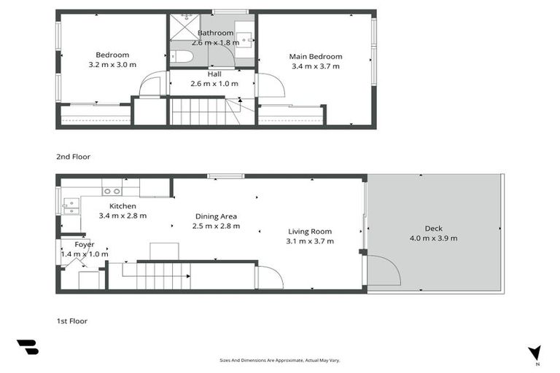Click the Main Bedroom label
[315, 57]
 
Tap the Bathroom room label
[215, 33]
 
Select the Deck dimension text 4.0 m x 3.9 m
[433, 237]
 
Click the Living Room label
[310, 232]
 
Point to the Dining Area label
[216, 216]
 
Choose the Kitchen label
[123, 206]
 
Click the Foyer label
[84, 245]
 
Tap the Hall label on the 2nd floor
[214, 74]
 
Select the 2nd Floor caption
[73, 157]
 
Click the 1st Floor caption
[72, 321]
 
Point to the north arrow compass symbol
[535, 353]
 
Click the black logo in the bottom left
[27, 348]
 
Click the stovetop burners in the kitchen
[112, 191]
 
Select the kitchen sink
[71, 205]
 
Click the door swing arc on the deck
[384, 270]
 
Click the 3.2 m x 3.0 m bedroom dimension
[112, 65]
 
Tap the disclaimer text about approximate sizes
[280, 360]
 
